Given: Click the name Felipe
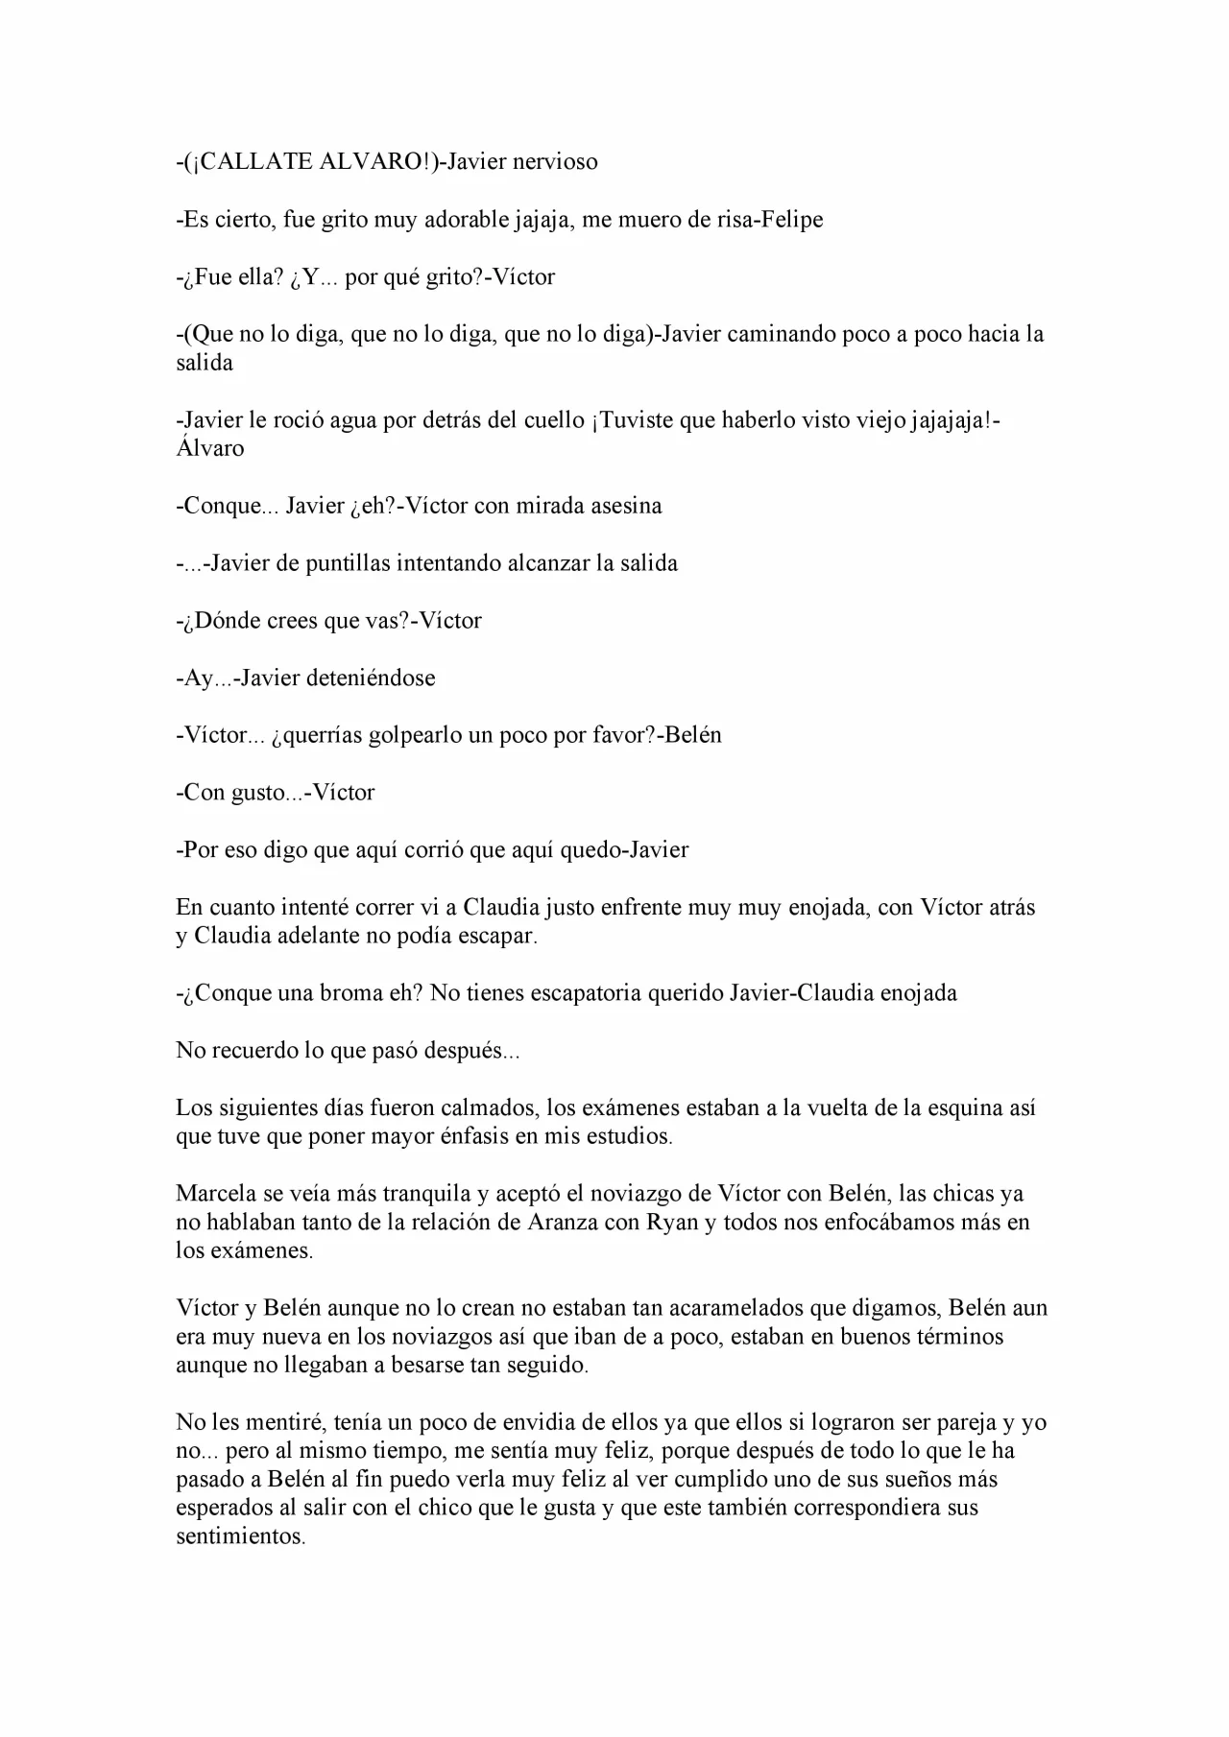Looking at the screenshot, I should [792, 219].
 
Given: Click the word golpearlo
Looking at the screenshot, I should [383, 735].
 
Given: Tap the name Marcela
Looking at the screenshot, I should [215, 1194].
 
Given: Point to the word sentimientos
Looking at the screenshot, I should [239, 1536].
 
